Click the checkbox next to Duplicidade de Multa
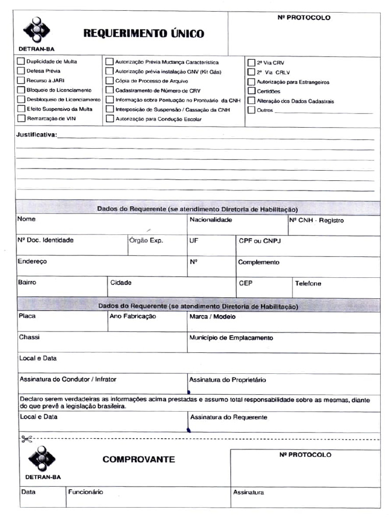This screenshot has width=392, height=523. (21, 61)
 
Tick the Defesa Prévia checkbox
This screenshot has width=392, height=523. (21, 71)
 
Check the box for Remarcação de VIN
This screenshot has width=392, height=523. (21, 118)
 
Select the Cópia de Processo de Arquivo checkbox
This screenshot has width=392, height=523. (110, 81)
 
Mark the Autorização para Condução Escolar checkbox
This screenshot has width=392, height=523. (110, 119)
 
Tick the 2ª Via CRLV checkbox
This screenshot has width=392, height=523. (252, 73)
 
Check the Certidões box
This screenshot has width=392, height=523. (252, 91)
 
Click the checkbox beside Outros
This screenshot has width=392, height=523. (252, 110)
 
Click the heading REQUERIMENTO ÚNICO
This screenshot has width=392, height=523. (143, 34)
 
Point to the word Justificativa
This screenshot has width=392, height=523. (37, 135)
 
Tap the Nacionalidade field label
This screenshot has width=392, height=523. (211, 220)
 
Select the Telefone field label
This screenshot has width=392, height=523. (308, 283)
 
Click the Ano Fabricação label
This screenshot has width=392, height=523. (133, 316)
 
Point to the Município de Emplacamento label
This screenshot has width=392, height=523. (231, 338)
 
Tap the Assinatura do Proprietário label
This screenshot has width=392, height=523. (227, 380)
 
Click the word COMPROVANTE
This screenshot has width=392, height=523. (138, 459)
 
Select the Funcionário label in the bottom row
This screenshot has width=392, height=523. (85, 492)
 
